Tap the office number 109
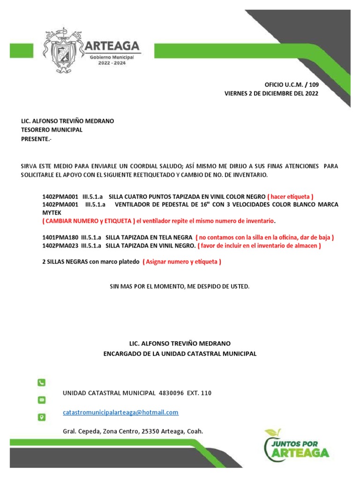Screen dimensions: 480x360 (313, 85)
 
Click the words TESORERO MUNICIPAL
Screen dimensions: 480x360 (52, 130)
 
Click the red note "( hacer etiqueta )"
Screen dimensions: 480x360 (290, 196)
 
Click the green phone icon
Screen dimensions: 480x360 (41, 382)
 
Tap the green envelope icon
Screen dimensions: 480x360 (41, 400)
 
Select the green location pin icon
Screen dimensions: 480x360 (41, 417)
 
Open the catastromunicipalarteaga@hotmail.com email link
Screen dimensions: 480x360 (120, 412)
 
